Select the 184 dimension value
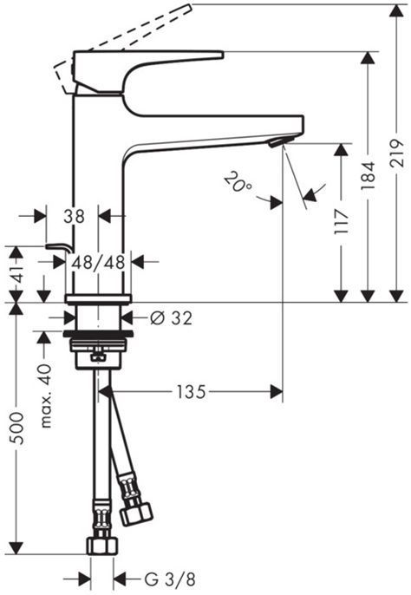(x=369, y=178)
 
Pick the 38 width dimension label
(x=74, y=217)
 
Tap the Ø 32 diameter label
(x=171, y=318)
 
